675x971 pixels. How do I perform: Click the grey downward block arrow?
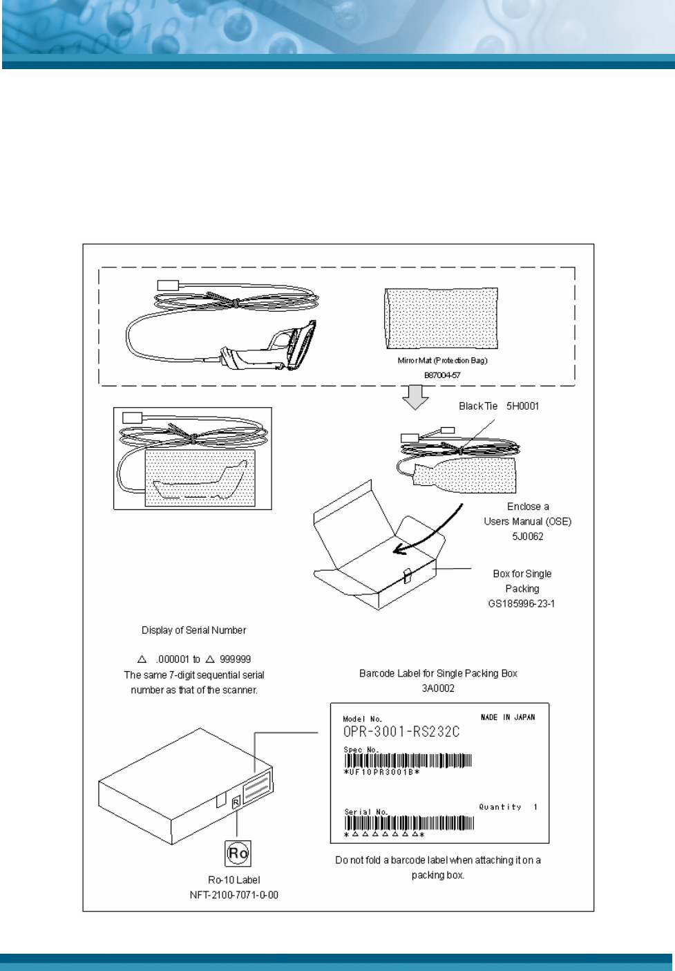[x=415, y=397]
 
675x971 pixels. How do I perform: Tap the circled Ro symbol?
[x=238, y=853]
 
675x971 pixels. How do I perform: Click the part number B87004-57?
[x=442, y=375]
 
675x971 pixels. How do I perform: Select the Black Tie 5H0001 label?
[x=499, y=406]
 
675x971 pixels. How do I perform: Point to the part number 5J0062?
[x=527, y=536]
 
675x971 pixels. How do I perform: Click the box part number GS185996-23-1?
[x=522, y=603]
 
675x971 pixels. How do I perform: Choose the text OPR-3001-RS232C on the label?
[x=401, y=732]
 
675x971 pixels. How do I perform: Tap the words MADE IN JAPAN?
[x=507, y=717]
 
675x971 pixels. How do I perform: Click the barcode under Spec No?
[x=408, y=761]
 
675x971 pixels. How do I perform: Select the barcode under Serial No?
[x=409, y=823]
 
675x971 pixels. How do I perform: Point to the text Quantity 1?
[x=508, y=807]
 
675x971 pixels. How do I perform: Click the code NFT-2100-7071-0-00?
[x=234, y=895]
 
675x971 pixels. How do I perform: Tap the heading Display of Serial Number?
[x=193, y=630]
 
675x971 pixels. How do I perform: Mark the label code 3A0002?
[x=438, y=688]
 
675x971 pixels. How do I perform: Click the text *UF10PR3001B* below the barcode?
[x=381, y=772]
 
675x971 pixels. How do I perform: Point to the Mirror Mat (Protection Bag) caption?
[x=442, y=361]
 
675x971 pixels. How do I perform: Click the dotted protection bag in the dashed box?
[x=441, y=319]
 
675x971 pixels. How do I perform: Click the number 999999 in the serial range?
[x=235, y=659]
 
